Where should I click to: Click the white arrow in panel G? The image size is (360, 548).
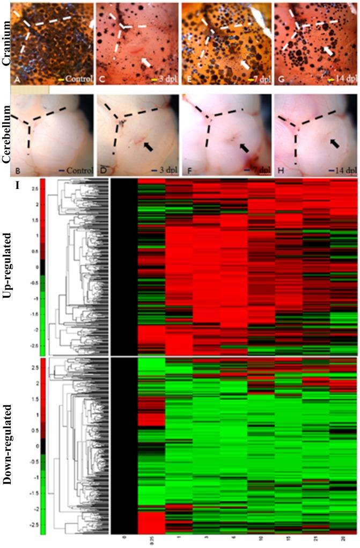[327, 50]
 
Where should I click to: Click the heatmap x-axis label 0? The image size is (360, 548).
[124, 537]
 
